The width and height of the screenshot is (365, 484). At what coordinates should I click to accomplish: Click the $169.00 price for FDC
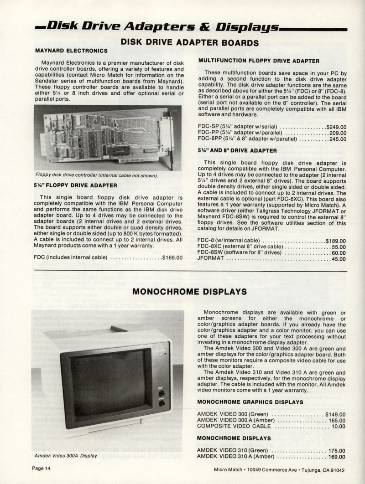[172, 257]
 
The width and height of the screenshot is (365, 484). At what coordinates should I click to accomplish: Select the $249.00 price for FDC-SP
[336, 127]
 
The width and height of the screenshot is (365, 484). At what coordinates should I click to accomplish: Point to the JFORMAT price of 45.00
[338, 259]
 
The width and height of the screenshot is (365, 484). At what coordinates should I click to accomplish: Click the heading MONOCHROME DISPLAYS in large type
[190, 291]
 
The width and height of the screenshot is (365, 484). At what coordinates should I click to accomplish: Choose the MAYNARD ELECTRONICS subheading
[71, 51]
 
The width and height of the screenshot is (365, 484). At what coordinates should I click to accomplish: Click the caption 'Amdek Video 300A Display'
[66, 455]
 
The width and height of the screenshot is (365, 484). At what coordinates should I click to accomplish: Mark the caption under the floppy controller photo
[96, 175]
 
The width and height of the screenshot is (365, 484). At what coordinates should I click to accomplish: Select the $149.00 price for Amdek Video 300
[335, 414]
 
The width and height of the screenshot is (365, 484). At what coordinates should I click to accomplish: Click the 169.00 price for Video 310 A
[337, 456]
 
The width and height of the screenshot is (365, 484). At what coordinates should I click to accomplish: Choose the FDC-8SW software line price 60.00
[338, 253]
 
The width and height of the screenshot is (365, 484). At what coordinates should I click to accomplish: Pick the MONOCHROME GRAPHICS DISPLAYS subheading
[250, 402]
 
